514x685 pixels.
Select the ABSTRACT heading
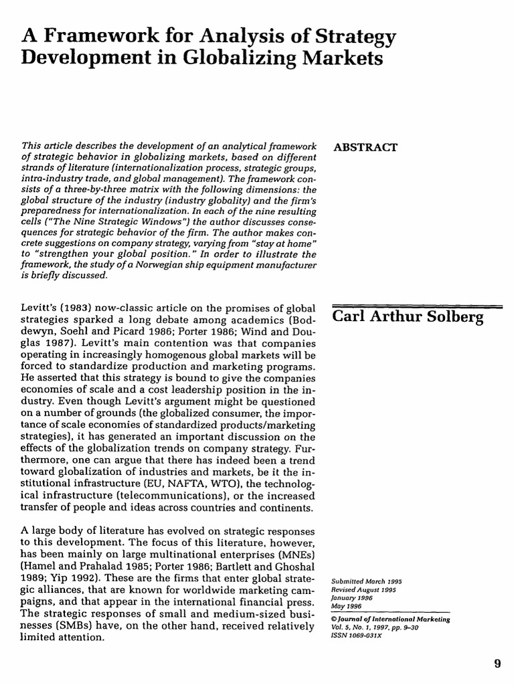point(364,147)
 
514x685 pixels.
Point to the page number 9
point(497,664)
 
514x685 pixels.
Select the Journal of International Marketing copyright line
point(391,619)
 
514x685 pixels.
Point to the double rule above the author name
point(416,306)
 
